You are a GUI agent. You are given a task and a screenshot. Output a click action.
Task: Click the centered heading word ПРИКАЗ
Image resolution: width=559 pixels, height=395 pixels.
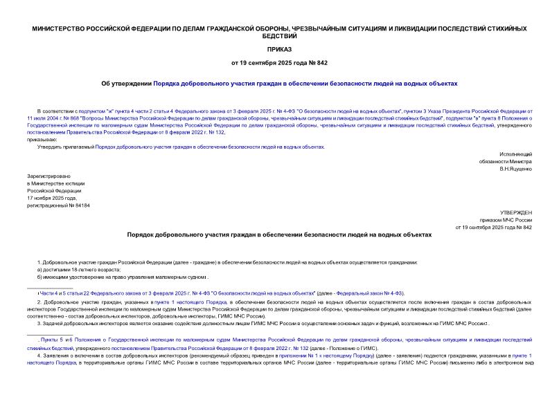(x=279, y=50)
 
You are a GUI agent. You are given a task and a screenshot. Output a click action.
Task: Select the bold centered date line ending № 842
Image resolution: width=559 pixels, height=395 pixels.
(x=279, y=63)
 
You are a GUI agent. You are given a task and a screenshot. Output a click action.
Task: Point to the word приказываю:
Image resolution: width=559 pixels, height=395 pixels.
(x=42, y=139)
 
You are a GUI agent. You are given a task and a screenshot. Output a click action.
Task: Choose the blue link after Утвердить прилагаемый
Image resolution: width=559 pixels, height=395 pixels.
(x=209, y=147)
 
